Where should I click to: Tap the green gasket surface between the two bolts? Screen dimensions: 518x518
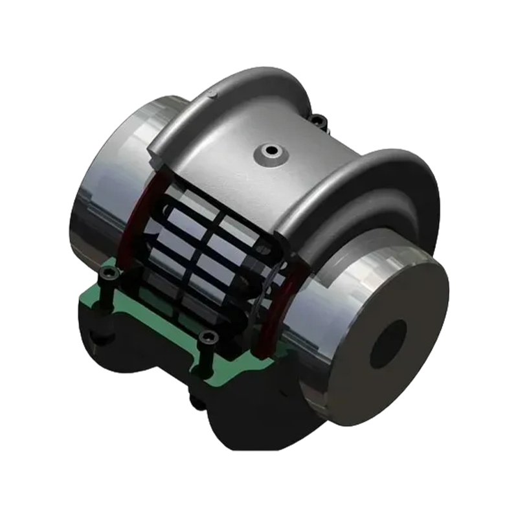click(155, 311)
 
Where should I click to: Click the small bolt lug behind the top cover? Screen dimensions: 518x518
click(317, 119)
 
